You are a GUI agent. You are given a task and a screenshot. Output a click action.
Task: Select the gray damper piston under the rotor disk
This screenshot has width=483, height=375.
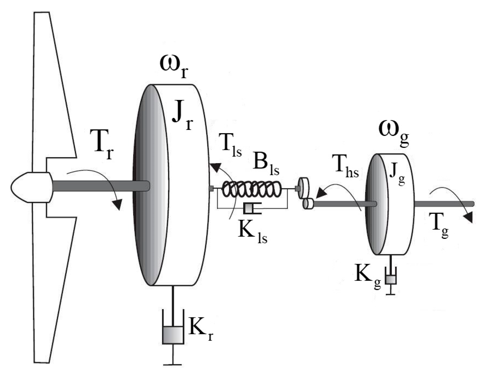[173, 335]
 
